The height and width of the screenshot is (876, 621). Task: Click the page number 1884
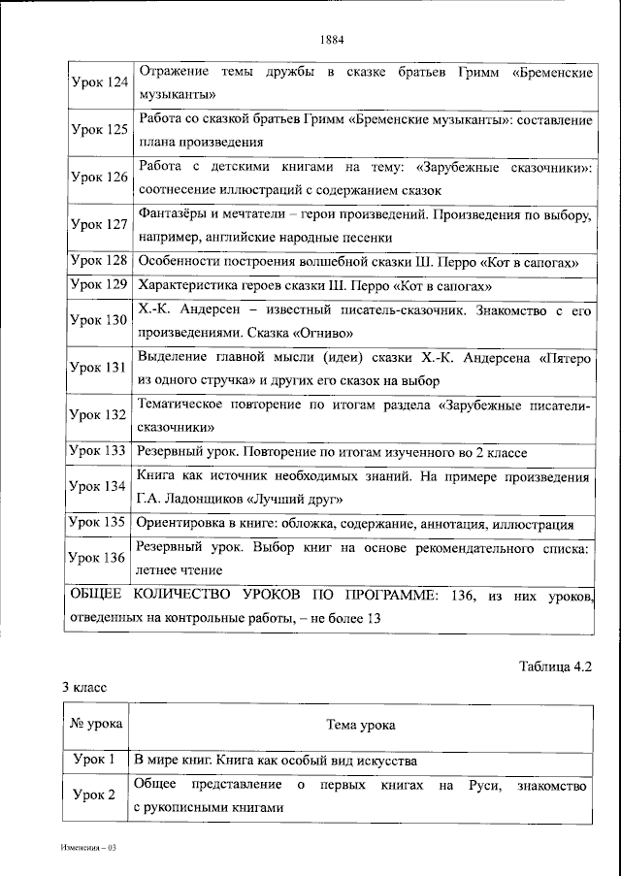click(331, 40)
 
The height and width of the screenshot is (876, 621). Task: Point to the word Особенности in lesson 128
click(177, 261)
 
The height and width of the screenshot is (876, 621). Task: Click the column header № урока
click(95, 725)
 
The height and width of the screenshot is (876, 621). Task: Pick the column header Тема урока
click(361, 725)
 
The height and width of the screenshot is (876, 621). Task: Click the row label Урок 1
click(95, 760)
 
